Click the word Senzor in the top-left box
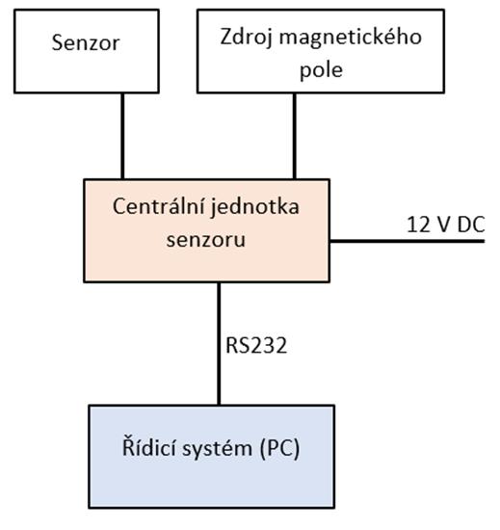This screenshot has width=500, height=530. [86, 43]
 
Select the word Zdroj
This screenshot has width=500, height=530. [246, 37]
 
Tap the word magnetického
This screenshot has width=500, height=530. [351, 37]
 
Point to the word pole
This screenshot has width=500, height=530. [321, 70]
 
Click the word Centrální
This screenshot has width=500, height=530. [159, 206]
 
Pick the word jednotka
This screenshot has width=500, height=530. [255, 206]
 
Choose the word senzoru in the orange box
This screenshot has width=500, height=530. [206, 240]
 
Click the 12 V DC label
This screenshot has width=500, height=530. [446, 225]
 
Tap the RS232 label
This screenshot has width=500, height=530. [256, 345]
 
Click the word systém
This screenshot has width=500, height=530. [218, 449]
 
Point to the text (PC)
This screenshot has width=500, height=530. [280, 449]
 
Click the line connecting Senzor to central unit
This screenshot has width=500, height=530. [122, 136]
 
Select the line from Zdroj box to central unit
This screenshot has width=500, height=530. [295, 136]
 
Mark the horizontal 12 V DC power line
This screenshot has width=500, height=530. [408, 241]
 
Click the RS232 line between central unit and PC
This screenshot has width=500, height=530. [219, 343]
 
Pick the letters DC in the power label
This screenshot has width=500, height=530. [471, 225]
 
